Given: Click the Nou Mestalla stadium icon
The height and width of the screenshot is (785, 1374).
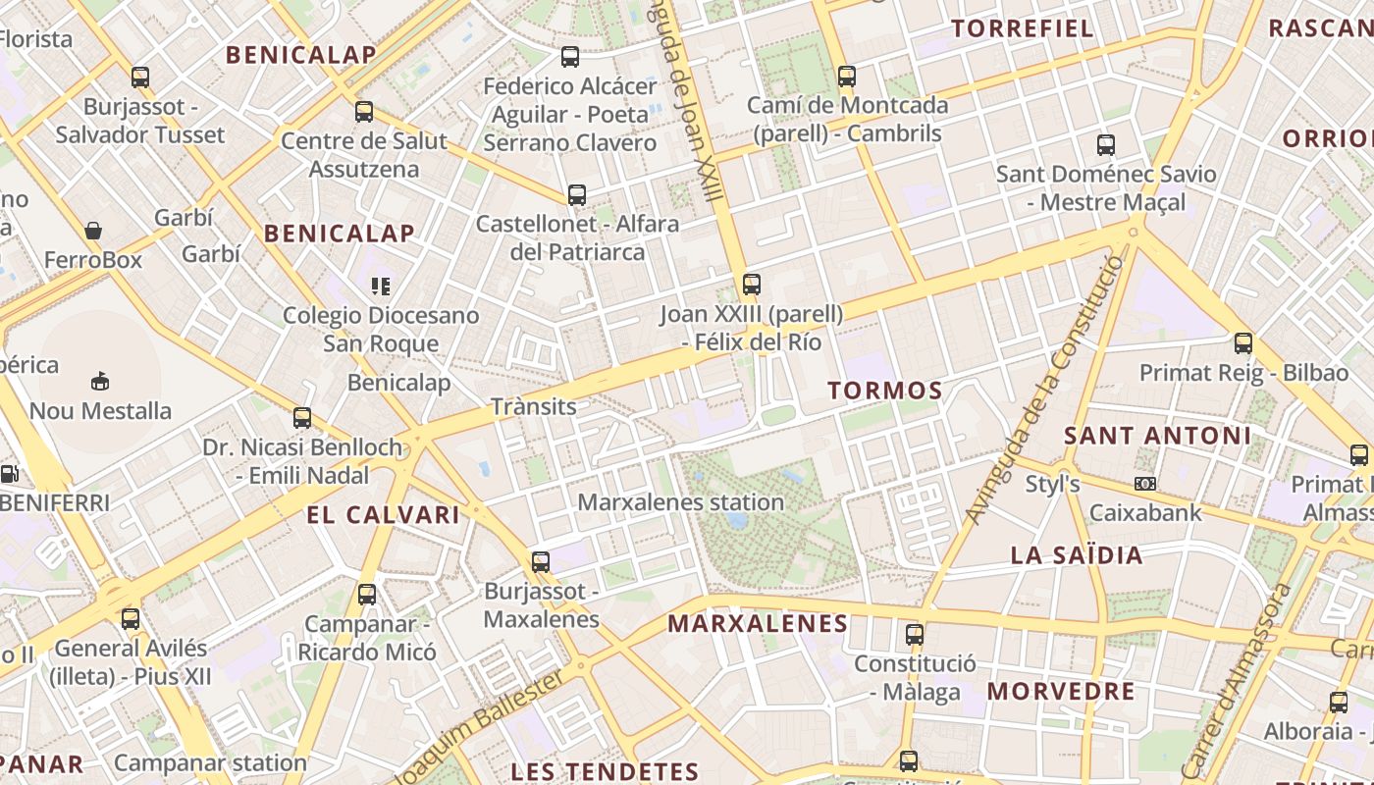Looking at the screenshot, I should (x=99, y=381).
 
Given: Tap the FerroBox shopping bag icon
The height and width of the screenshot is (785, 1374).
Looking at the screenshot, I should (x=93, y=231).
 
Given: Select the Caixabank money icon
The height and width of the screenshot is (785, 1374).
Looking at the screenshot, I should (x=1144, y=484).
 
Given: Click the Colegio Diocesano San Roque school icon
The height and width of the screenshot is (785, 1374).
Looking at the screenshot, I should (x=381, y=287).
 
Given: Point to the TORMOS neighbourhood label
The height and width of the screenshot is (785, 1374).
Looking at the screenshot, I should (x=884, y=391).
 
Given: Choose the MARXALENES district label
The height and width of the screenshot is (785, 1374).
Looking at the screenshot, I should (x=758, y=624).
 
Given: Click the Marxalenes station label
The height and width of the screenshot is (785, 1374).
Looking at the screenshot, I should (x=680, y=502).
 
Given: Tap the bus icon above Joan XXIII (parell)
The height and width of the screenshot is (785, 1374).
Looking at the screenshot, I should (x=752, y=285).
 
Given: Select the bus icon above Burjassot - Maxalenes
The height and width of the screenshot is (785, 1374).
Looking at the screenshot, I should (x=541, y=562).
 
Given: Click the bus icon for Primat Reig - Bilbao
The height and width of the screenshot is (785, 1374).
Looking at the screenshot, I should (x=1243, y=343).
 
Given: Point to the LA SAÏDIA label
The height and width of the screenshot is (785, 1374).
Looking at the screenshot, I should (x=1077, y=555).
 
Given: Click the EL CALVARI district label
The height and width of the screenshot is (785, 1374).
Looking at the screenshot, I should (x=383, y=515).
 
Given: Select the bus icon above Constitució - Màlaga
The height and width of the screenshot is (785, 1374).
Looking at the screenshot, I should (x=915, y=635).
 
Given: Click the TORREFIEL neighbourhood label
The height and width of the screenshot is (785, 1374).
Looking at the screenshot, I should (x=1023, y=28).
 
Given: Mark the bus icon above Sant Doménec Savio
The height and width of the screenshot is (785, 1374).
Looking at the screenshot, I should (x=1106, y=145).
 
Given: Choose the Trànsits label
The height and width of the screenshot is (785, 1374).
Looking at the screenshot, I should (x=533, y=406).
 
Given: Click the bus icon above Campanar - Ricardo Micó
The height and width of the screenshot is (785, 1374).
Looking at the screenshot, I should (x=367, y=594).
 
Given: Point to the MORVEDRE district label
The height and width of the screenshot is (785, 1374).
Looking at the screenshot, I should (x=1061, y=691).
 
